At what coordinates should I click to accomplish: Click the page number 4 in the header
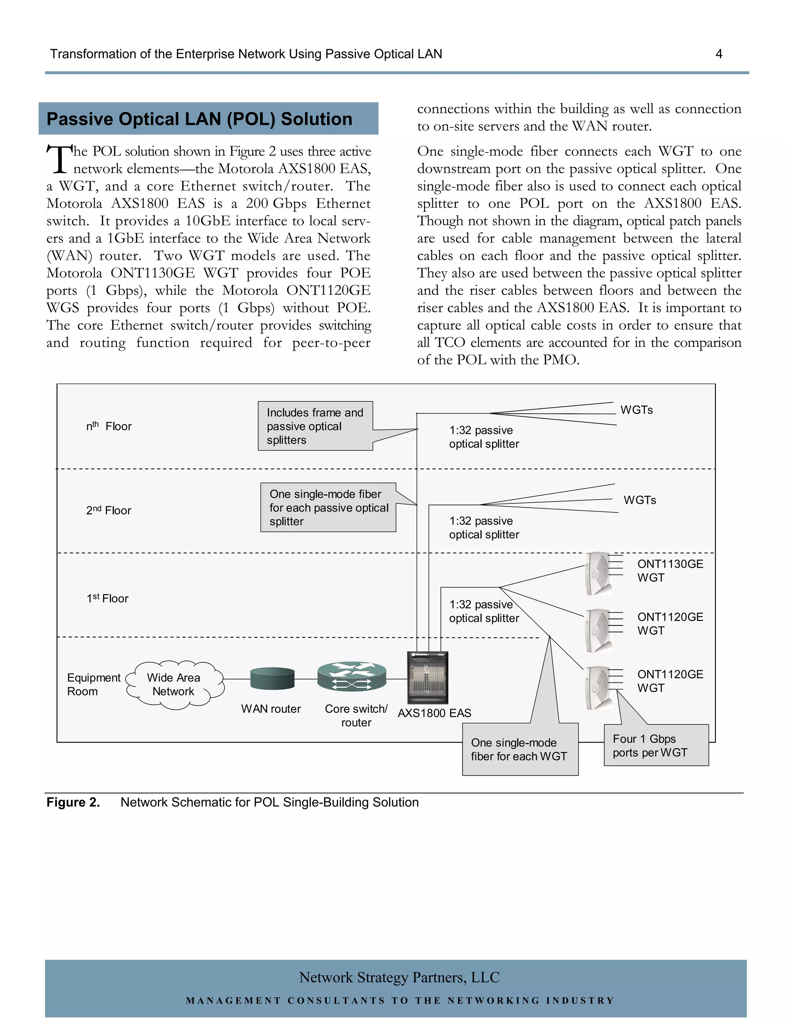[x=718, y=54]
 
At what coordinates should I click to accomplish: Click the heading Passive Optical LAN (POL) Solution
[x=199, y=119]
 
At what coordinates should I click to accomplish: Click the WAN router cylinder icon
[x=272, y=679]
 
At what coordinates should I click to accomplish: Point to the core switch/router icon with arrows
[x=352, y=677]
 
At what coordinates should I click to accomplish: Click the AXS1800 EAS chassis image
[x=427, y=677]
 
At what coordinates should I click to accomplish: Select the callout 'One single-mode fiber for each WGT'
[x=519, y=749]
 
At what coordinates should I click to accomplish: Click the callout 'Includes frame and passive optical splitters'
[x=315, y=426]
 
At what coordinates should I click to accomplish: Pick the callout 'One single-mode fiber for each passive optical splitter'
[x=328, y=508]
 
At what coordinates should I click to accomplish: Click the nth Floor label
[x=109, y=426]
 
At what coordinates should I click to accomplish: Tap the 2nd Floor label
[x=109, y=510]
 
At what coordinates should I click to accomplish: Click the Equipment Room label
[x=93, y=685]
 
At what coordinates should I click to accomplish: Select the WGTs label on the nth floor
[x=636, y=410]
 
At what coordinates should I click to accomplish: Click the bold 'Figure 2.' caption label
[x=73, y=803]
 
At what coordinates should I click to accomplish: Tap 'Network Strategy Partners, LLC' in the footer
[x=399, y=978]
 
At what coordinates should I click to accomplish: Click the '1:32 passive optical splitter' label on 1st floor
[x=484, y=611]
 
